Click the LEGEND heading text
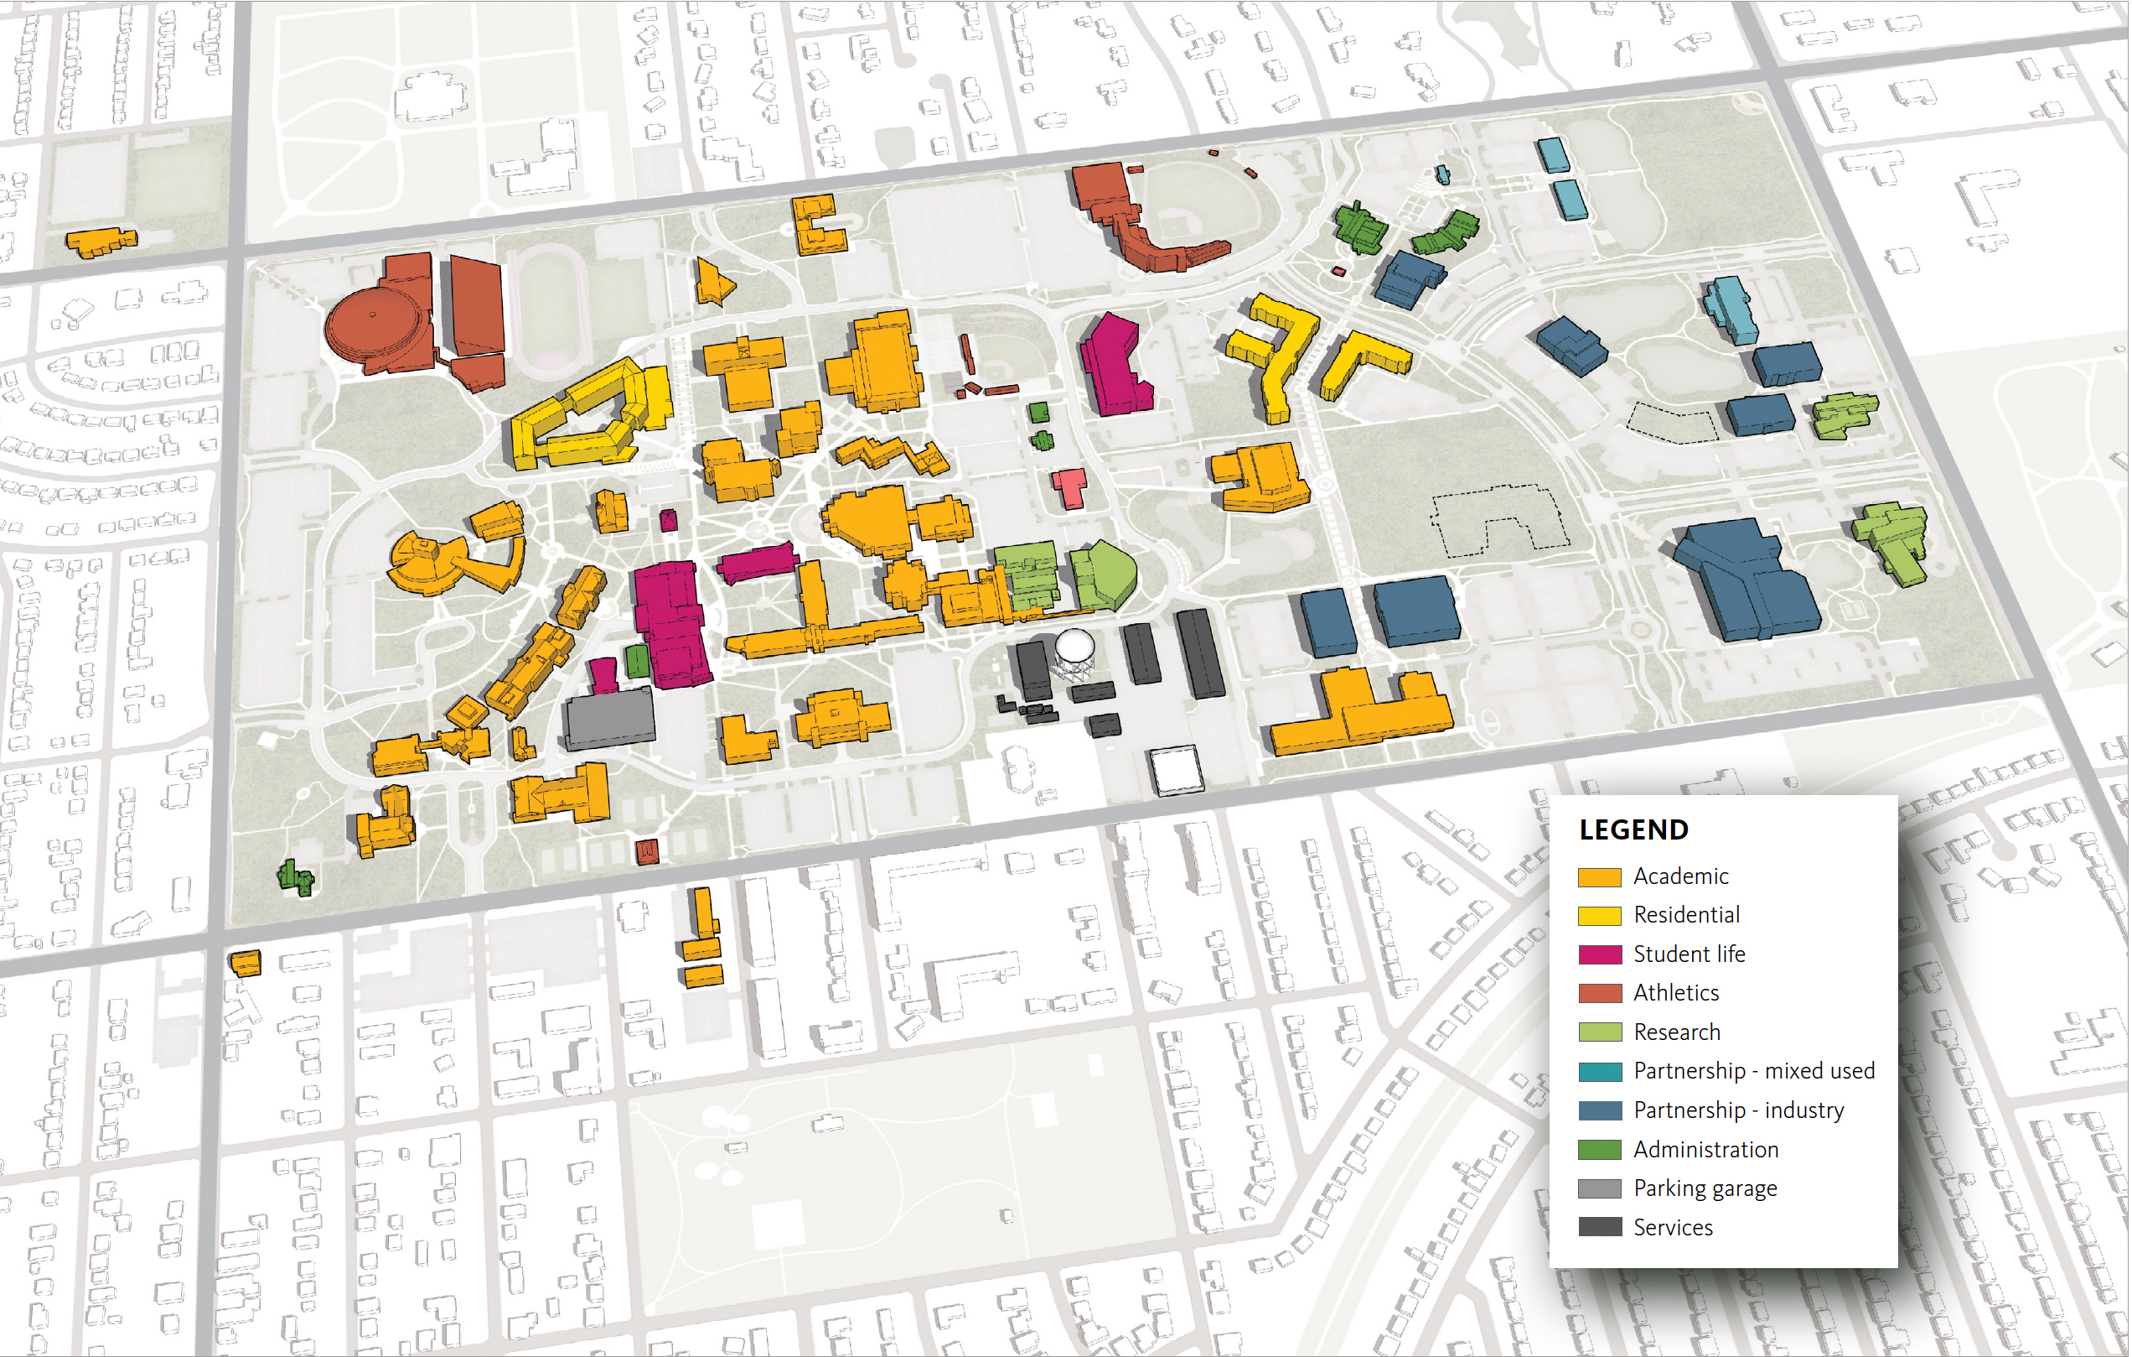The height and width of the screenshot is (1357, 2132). [1633, 830]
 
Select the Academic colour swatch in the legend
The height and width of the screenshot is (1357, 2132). [1599, 877]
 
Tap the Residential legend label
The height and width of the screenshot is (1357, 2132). [1686, 915]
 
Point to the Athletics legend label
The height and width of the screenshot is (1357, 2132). [1675, 993]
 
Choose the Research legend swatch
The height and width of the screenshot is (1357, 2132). [1599, 1032]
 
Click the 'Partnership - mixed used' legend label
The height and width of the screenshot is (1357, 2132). [1753, 1071]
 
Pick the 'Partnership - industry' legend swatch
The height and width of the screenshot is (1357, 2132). [1599, 1110]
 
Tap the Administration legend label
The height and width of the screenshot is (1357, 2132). [1705, 1150]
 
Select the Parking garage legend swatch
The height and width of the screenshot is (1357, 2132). [1599, 1188]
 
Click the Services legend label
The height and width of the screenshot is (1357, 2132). [1673, 1228]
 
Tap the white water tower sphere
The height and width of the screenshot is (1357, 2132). [1075, 645]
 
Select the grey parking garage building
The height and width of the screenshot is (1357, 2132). [609, 717]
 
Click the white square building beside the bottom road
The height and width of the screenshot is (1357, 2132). [1176, 768]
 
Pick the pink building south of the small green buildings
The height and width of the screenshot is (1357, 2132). [1069, 486]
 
